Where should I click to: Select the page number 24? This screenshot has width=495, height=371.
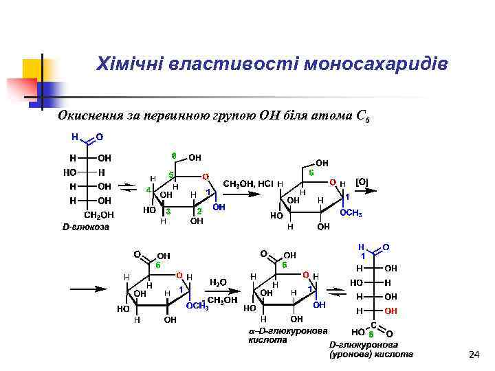[472, 355]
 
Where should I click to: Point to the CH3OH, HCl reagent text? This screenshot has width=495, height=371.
[248, 184]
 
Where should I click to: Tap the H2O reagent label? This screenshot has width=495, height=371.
[218, 282]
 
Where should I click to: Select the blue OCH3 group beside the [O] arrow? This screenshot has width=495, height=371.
[351, 213]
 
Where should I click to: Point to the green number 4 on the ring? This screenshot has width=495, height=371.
[148, 190]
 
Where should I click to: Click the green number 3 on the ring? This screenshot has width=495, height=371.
[168, 212]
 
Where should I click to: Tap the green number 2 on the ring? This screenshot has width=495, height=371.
[199, 211]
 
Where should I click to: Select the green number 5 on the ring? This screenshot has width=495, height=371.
[171, 175]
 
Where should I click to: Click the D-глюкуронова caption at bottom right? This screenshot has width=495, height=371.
[362, 344]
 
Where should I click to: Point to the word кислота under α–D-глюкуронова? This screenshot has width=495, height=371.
[263, 339]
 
